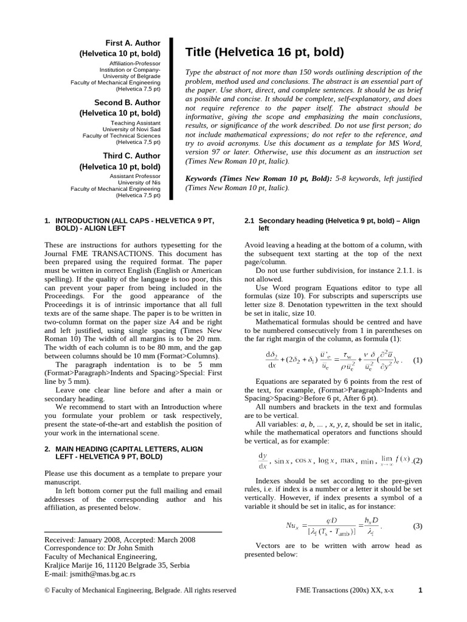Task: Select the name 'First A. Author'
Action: [x=133, y=43]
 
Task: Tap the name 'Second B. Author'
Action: [x=127, y=103]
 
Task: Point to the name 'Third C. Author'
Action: [x=131, y=155]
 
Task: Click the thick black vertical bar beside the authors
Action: [x=171, y=118]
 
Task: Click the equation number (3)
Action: [x=417, y=526]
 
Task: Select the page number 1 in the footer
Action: [x=420, y=590]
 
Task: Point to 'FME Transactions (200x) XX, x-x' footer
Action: [x=344, y=590]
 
